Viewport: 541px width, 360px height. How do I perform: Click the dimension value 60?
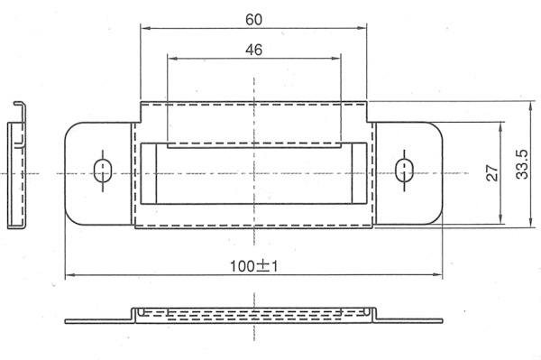pyautogui.click(x=253, y=20)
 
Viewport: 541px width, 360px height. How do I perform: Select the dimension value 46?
pyautogui.click(x=253, y=50)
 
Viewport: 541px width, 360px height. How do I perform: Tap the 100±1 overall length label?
pyautogui.click(x=253, y=266)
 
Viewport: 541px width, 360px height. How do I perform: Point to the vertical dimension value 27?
pyautogui.click(x=492, y=173)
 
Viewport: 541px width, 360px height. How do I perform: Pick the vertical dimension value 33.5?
pyautogui.click(x=522, y=164)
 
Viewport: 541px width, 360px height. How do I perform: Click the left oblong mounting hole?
pyautogui.click(x=103, y=171)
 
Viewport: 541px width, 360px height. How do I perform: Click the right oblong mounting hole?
pyautogui.click(x=404, y=171)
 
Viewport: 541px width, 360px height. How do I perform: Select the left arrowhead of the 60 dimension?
pyautogui.click(x=145, y=28)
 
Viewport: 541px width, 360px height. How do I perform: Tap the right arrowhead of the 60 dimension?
pyautogui.click(x=362, y=28)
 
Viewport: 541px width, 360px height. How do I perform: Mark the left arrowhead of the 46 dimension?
pyautogui.click(x=172, y=59)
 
